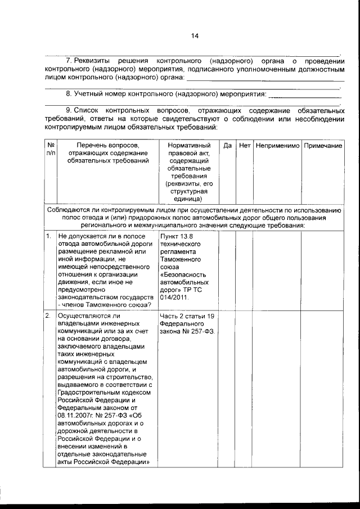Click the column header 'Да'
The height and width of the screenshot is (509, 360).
(x=227, y=146)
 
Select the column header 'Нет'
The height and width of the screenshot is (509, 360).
(x=244, y=146)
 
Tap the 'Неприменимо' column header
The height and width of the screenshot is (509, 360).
(x=277, y=146)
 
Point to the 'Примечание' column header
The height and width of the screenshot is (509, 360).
(x=323, y=146)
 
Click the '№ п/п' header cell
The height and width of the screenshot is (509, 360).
(x=50, y=149)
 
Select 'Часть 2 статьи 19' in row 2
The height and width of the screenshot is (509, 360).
(x=187, y=316)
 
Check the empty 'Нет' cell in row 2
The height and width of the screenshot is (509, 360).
(x=244, y=388)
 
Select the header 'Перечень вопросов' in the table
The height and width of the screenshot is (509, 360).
(x=108, y=146)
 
